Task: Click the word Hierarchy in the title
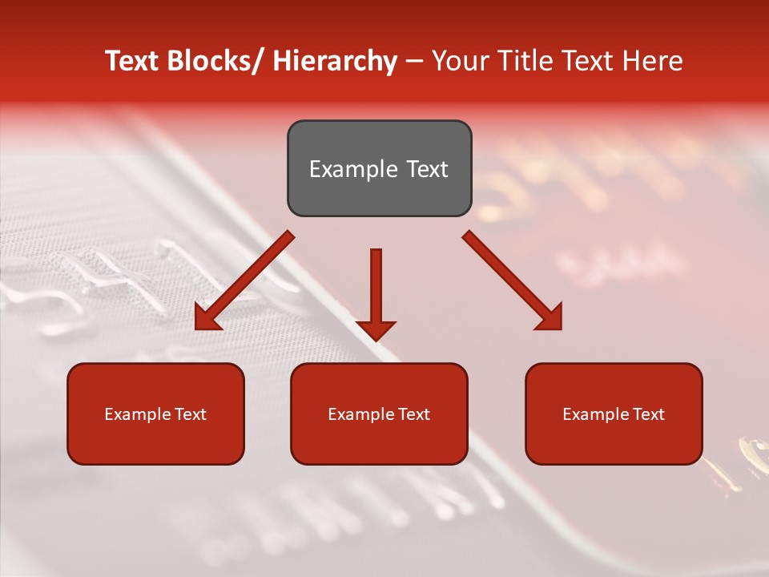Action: click(335, 61)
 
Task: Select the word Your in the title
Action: click(461, 61)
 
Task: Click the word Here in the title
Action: click(654, 61)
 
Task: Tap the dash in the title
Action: click(414, 61)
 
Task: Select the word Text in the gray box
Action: click(426, 169)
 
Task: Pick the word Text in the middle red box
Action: click(413, 414)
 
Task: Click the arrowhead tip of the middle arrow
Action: click(376, 340)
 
